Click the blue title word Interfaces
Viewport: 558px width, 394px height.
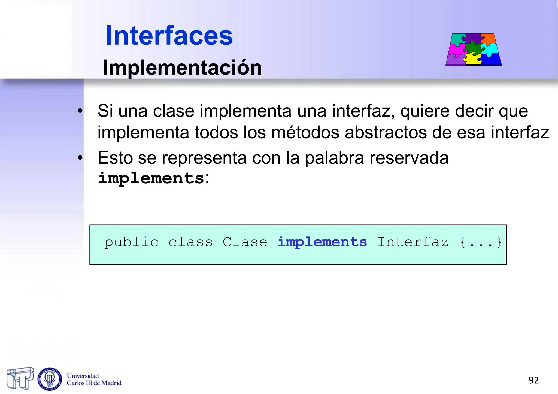(169, 36)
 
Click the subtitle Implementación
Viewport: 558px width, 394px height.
(182, 68)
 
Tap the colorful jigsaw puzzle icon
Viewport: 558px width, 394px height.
(474, 50)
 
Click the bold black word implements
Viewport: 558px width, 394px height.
(151, 179)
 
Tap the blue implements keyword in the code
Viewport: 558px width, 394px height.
(322, 242)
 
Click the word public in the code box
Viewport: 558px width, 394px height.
(131, 242)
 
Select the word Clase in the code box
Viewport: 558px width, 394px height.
(245, 242)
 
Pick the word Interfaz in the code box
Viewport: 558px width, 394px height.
(413, 242)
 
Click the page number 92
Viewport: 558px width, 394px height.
(533, 380)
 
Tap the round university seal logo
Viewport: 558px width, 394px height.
(50, 379)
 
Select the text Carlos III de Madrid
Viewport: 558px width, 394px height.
(94, 383)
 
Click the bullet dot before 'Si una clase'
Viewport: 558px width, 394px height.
(80, 111)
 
